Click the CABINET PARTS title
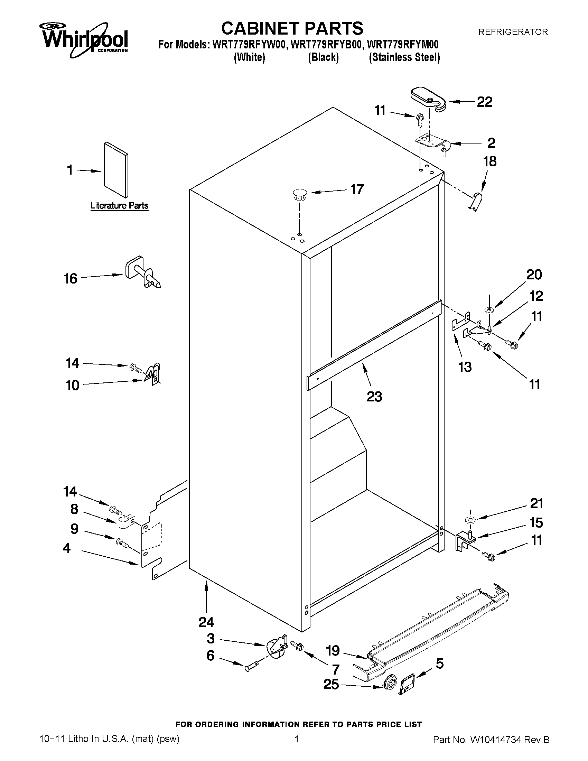click(292, 28)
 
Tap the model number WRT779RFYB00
click(326, 45)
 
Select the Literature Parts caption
click(119, 206)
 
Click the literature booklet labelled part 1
click(116, 170)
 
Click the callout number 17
click(357, 189)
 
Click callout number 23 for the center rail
click(374, 397)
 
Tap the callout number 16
click(71, 279)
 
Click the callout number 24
click(206, 622)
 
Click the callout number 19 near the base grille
click(333, 650)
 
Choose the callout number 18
click(489, 161)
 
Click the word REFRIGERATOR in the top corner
click(513, 32)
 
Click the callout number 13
click(465, 367)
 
